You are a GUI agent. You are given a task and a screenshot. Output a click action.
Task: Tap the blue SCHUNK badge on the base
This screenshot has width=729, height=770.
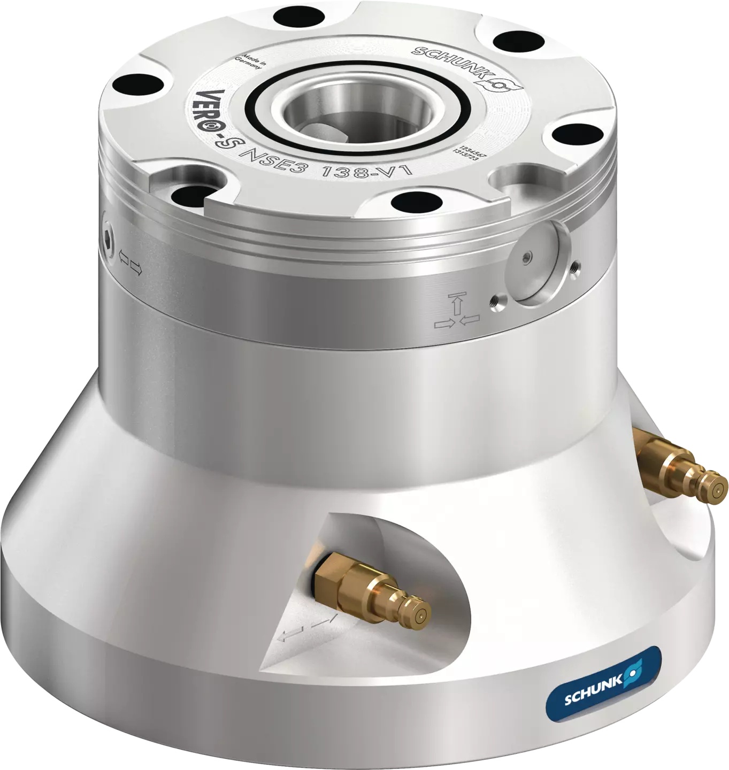coord(603,677)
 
